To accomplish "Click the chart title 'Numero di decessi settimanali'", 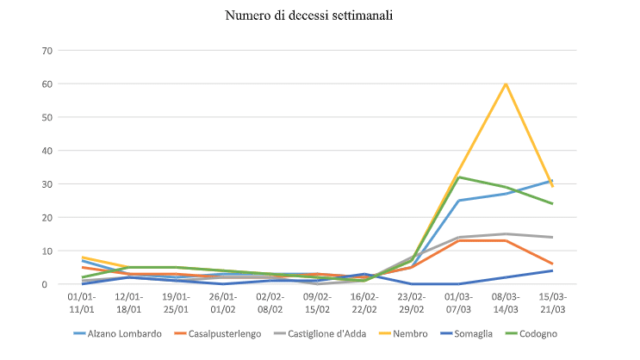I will pos(320,16).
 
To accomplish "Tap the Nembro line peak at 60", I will pos(506,84).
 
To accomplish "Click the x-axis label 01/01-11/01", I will pos(82,302).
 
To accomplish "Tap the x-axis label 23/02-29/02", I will pos(412,302).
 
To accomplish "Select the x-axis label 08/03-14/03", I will pos(506,302).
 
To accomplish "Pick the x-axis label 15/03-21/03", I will pos(552,302).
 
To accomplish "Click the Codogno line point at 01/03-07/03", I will pos(459,177).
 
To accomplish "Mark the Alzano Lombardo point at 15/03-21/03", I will pos(552,181).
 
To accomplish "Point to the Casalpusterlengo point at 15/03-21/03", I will pos(552,264).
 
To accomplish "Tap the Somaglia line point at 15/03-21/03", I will pos(552,270).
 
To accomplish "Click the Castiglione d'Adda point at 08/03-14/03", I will pos(506,234).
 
